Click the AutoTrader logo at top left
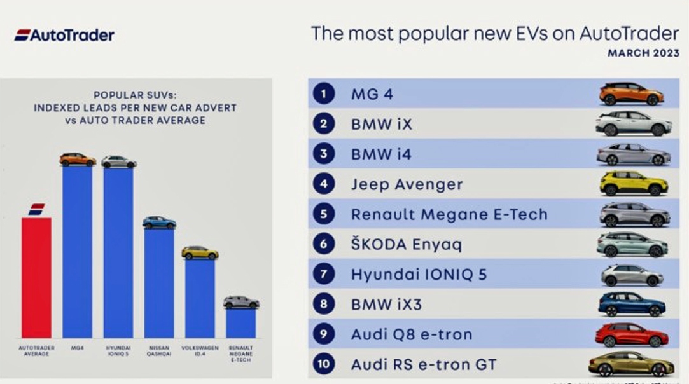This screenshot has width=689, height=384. pyautogui.click(x=64, y=35)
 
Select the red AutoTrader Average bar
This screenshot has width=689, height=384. pyautogui.click(x=36, y=277)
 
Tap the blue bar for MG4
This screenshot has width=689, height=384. pyautogui.click(x=77, y=252)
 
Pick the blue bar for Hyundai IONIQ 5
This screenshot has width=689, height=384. pyautogui.click(x=118, y=252)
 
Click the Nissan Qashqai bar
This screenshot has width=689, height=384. pyautogui.click(x=159, y=283)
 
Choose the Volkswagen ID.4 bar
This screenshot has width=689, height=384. pyautogui.click(x=200, y=298)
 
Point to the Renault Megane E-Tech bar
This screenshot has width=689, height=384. pyautogui.click(x=240, y=323)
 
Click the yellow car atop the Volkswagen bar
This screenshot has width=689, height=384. pyautogui.click(x=200, y=252)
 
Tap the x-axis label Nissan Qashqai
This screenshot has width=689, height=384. pyautogui.click(x=159, y=351)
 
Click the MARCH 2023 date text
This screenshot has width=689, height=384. pyautogui.click(x=643, y=53)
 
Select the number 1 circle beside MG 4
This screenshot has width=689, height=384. pyautogui.click(x=323, y=94)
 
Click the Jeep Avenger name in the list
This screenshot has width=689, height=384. pyautogui.click(x=407, y=184)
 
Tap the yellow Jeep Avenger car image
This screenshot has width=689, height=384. pyautogui.click(x=634, y=184)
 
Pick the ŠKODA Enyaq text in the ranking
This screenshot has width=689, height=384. pyautogui.click(x=406, y=245)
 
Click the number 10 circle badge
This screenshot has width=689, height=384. pyautogui.click(x=323, y=365)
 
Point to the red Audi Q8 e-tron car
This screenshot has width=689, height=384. pyautogui.click(x=631, y=334)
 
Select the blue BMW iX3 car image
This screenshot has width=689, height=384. pyautogui.click(x=631, y=305)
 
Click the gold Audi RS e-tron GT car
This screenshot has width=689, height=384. pyautogui.click(x=630, y=364)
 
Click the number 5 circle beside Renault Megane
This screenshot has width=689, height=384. pyautogui.click(x=323, y=214)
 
